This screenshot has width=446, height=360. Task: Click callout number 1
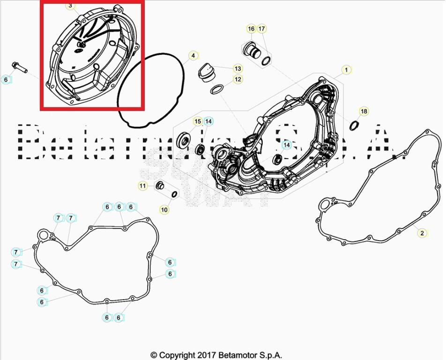(346, 70)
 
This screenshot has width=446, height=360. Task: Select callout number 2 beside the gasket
(422, 233)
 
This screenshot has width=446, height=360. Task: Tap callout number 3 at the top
(70, 6)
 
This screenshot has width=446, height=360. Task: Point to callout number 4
(193, 56)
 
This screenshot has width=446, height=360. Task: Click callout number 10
(164, 210)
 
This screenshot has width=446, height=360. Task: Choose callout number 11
(142, 186)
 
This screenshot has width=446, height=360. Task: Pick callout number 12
(238, 79)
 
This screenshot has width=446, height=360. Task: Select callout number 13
(238, 68)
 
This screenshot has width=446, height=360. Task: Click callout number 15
(198, 121)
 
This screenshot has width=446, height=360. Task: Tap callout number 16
(251, 29)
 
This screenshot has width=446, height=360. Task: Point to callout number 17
(262, 29)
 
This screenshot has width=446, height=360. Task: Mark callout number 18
(364, 111)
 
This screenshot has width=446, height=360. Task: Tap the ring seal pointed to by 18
(354, 125)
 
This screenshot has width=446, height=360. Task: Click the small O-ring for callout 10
(175, 194)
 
